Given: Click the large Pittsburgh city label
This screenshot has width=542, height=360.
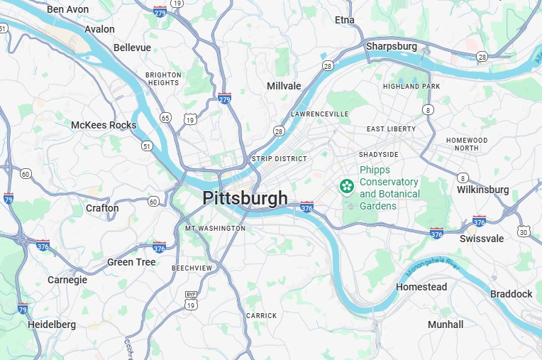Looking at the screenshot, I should click(245, 198).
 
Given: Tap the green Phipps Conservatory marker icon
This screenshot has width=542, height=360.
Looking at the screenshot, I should click(347, 187).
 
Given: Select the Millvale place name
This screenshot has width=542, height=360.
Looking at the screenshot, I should click(284, 86).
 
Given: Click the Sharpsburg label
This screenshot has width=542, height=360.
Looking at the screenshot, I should click(392, 46).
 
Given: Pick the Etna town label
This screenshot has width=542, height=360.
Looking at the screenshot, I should click(345, 20).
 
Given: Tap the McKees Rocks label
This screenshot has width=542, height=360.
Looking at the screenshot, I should click(104, 125).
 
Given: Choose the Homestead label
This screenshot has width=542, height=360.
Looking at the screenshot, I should click(421, 287).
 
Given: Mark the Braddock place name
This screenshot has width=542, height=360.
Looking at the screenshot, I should click(511, 294).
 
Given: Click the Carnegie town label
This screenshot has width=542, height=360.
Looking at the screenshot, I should click(67, 280).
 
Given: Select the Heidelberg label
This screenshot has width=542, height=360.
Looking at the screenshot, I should click(51, 324).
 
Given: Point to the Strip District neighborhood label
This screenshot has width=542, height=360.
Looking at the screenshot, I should click(280, 159).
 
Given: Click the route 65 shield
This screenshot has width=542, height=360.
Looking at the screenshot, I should click(165, 117).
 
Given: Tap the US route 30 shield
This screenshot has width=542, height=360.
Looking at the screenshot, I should click(523, 231).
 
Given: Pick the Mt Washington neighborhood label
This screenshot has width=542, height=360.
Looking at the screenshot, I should click(215, 229).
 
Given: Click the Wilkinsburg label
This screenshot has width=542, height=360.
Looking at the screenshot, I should click(483, 190).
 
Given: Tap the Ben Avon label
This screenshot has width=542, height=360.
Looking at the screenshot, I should click(67, 9).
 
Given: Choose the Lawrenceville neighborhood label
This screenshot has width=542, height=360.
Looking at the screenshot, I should click(320, 114).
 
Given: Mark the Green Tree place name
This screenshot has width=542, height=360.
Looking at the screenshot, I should click(131, 262).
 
